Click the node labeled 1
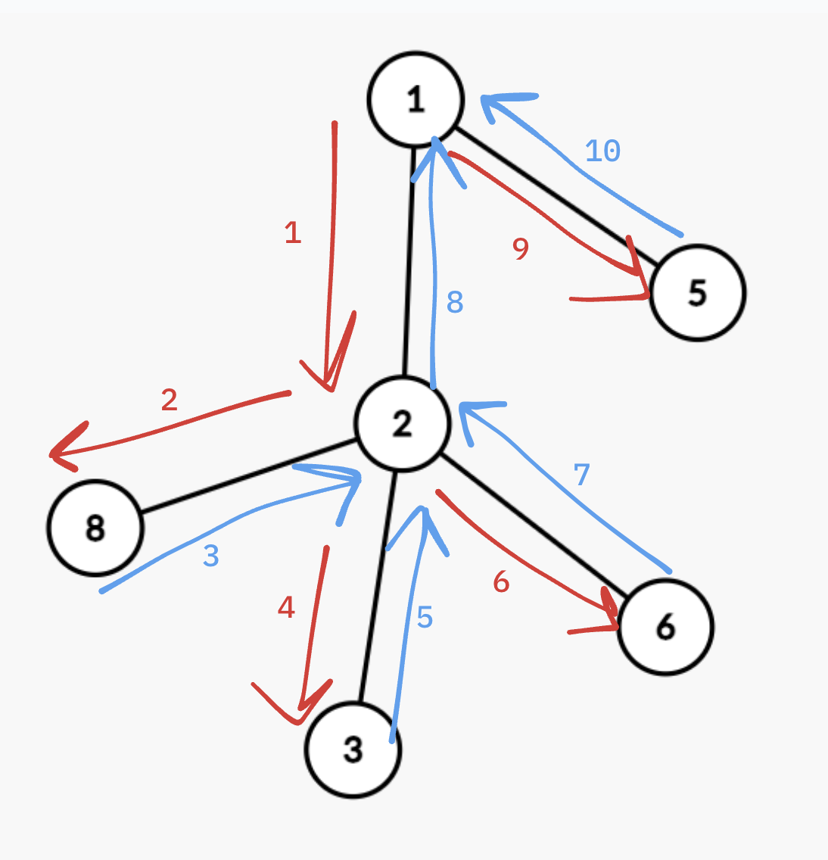tap(415, 99)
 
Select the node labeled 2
tap(403, 423)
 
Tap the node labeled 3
tap(353, 749)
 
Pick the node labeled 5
tap(697, 292)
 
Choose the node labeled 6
tap(665, 626)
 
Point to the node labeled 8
tap(95, 527)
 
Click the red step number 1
tap(293, 232)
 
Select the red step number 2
tap(169, 399)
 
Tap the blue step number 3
tap(211, 556)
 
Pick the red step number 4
tap(286, 607)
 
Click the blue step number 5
tap(425, 617)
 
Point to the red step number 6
tap(501, 582)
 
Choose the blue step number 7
tap(581, 475)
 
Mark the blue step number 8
tap(454, 302)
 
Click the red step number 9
tap(520, 248)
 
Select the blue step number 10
tap(603, 151)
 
